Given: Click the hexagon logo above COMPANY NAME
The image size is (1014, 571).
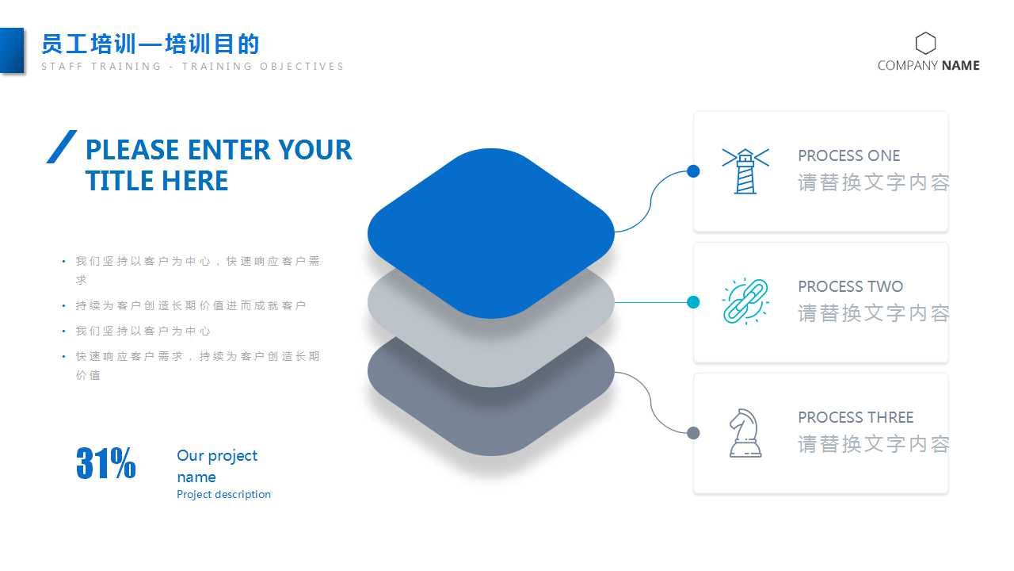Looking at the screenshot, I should point(925,43).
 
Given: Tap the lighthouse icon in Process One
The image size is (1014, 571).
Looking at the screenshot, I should point(745,171).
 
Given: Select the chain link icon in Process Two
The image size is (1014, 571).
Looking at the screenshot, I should point(745,301).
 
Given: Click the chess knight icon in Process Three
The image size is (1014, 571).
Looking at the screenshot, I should point(745,433).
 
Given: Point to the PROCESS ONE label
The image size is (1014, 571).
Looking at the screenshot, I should point(848,155).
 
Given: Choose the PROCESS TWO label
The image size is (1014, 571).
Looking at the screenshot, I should point(850,286).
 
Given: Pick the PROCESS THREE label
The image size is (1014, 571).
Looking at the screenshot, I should point(856,417).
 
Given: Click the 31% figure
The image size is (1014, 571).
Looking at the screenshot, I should point(106,464).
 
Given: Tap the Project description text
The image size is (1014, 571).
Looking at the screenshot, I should point(223,494).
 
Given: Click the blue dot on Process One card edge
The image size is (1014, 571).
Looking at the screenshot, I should point(693,171).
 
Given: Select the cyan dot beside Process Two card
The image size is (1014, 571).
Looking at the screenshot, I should point(693,302).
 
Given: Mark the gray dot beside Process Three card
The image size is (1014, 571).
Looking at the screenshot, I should point(693,433).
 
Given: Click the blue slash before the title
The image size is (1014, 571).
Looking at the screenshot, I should point(62,147).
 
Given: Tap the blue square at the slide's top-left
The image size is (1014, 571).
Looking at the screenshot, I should point(12,51).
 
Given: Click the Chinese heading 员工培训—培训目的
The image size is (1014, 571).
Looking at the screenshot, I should point(151,44).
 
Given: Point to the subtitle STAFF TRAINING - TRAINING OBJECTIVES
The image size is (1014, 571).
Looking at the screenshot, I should point(193,67).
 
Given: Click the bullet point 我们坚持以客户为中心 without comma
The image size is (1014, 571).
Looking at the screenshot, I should point(143,331).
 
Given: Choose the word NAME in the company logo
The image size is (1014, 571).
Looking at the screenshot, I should point(961,66).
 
